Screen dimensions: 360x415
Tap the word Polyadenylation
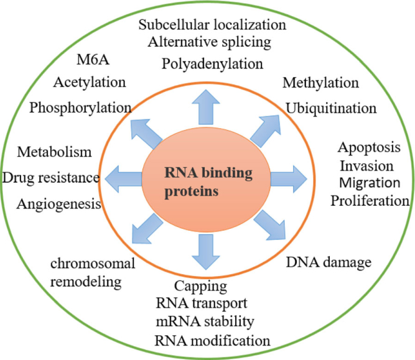tap(207, 63)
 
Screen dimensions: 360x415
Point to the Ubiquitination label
tap(331, 108)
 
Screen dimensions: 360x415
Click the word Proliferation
tap(370, 200)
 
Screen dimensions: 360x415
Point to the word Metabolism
tap(55, 152)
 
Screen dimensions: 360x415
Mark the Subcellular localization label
tap(212, 25)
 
